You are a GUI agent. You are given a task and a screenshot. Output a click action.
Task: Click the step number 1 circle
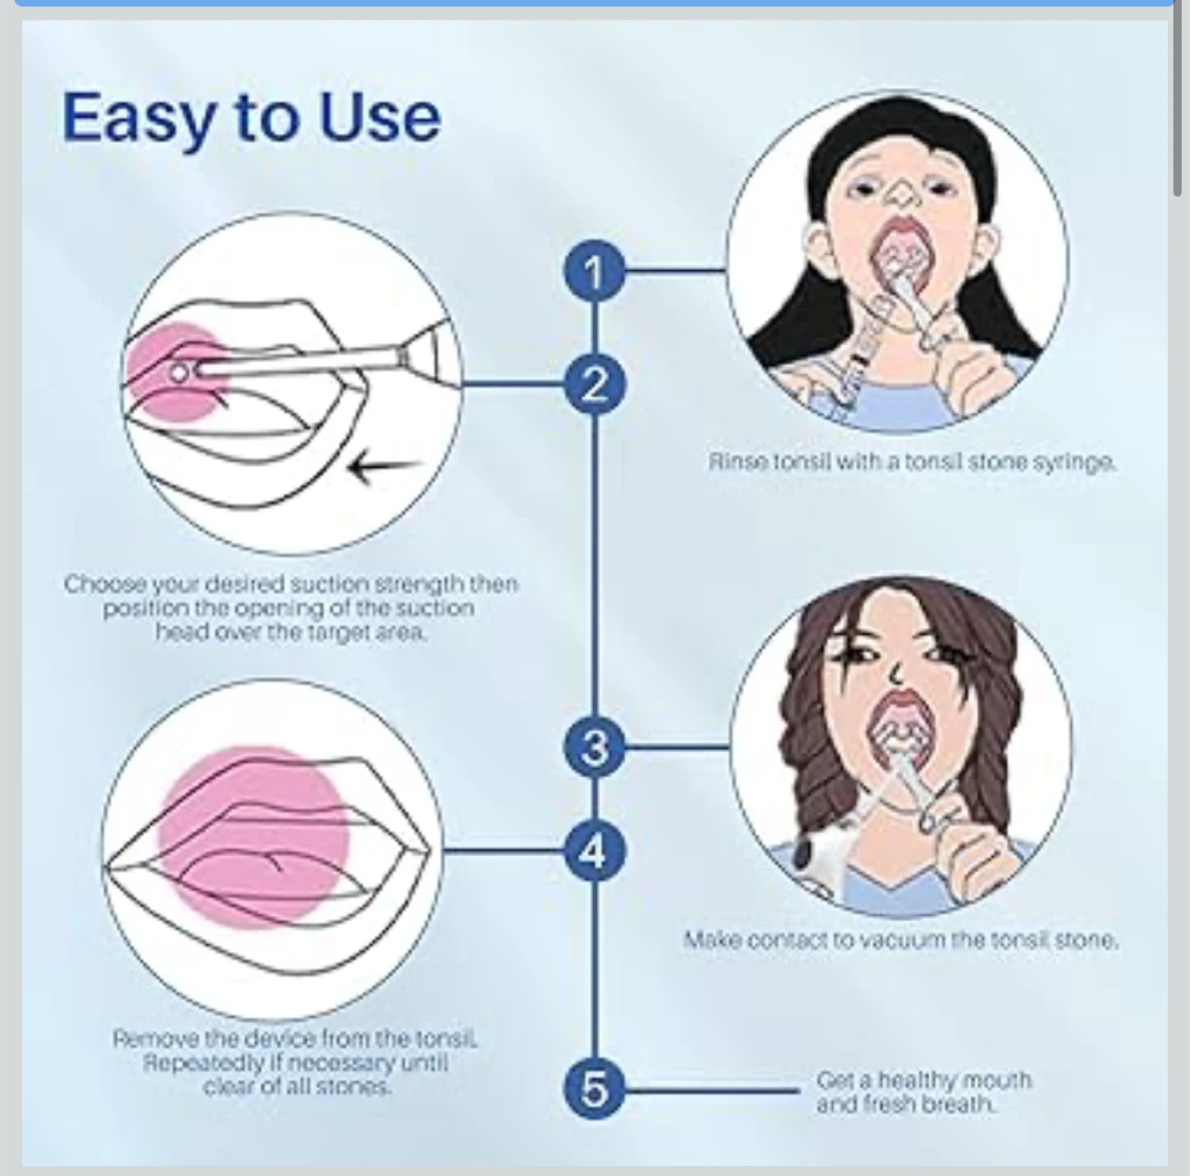pyautogui.click(x=594, y=271)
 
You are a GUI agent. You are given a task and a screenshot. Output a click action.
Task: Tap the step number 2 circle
pyautogui.click(x=594, y=385)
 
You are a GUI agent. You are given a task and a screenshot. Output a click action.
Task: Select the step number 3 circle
pyautogui.click(x=594, y=748)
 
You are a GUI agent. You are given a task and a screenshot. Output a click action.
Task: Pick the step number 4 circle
pyautogui.click(x=594, y=850)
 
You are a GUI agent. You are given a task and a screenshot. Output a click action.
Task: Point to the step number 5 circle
pyautogui.click(x=594, y=1089)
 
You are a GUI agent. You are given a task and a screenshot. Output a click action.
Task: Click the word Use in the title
pyautogui.click(x=379, y=118)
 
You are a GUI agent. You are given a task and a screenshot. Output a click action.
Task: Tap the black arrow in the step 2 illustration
pyautogui.click(x=383, y=468)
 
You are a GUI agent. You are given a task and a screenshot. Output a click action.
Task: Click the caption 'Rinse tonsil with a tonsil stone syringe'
pyautogui.click(x=912, y=462)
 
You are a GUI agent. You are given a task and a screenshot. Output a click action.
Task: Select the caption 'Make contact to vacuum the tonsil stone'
pyautogui.click(x=901, y=940)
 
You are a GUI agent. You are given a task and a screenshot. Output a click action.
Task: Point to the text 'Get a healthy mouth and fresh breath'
pyautogui.click(x=923, y=1091)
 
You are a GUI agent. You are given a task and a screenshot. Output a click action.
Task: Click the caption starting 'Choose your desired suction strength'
pyautogui.click(x=290, y=608)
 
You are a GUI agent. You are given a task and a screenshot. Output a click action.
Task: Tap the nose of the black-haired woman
pyautogui.click(x=901, y=197)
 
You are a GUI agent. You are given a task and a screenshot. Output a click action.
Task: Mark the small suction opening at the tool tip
pyautogui.click(x=179, y=373)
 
